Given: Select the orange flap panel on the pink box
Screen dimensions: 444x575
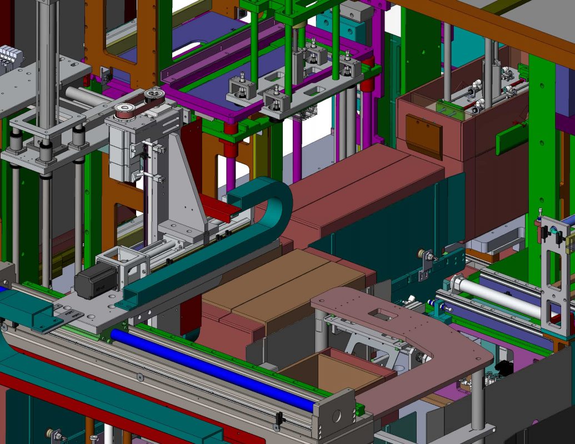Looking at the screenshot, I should point(424,136).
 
